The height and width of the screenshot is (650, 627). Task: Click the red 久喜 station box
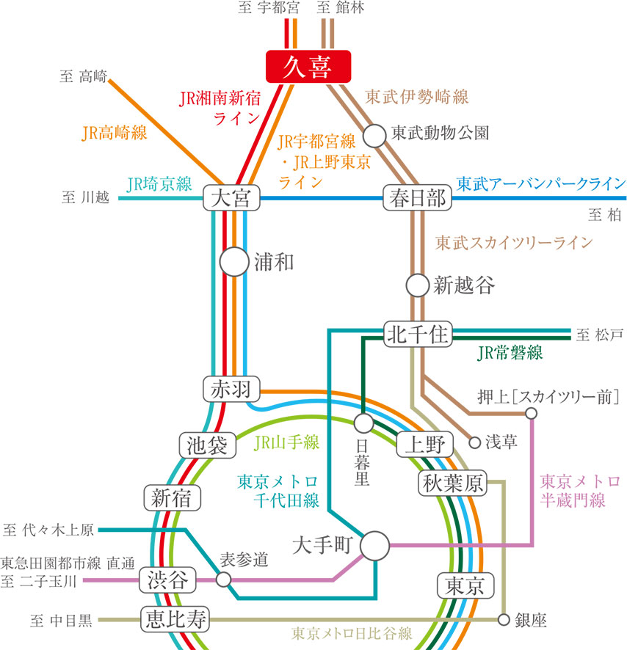[308, 67]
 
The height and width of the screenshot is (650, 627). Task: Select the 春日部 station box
[416, 198]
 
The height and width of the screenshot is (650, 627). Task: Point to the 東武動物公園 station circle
[374, 134]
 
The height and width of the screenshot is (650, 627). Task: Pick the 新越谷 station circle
[417, 284]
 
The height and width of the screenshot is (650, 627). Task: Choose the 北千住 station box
[416, 335]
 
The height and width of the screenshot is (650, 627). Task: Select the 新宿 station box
[171, 497]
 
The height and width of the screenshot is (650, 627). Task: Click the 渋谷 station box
[168, 580]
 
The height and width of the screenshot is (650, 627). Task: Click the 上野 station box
[424, 445]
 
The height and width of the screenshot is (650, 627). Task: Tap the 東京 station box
[465, 585]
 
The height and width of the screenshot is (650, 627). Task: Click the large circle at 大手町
[375, 545]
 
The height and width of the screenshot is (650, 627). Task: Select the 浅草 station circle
[474, 442]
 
